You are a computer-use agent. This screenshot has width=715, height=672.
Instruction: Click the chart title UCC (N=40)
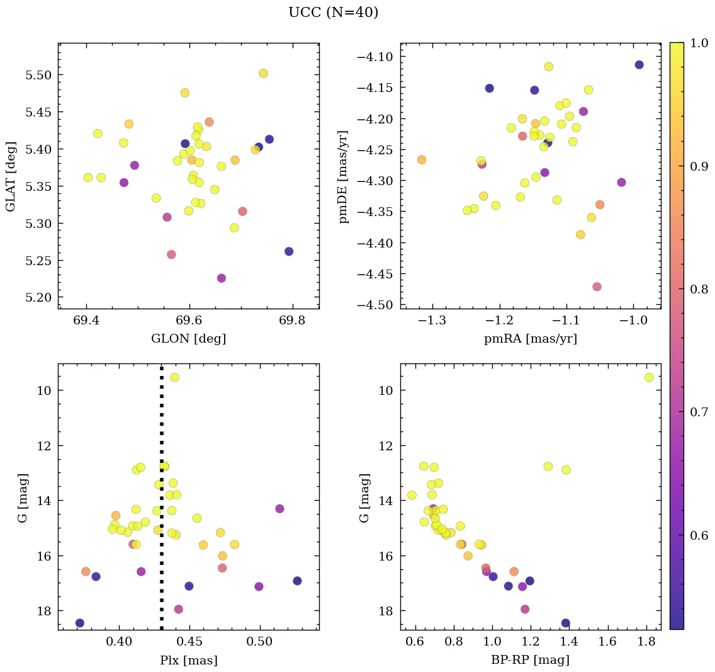333,13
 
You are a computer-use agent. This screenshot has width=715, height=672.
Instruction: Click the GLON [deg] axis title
188,339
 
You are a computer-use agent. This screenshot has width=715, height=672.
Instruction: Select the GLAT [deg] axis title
11,176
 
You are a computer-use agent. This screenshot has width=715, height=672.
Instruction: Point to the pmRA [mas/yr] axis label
530,339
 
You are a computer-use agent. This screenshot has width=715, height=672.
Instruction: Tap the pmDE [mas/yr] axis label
343,176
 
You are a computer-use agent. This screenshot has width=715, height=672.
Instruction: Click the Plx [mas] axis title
188,661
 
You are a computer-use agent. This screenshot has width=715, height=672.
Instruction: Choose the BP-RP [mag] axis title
530,661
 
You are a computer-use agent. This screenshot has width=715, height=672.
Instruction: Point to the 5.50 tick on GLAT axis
38,75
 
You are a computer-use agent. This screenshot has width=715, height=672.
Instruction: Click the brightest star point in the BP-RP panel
649,377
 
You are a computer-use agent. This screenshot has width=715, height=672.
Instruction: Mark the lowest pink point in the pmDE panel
597,287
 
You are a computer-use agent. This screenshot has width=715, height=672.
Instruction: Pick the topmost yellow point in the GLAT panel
263,73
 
